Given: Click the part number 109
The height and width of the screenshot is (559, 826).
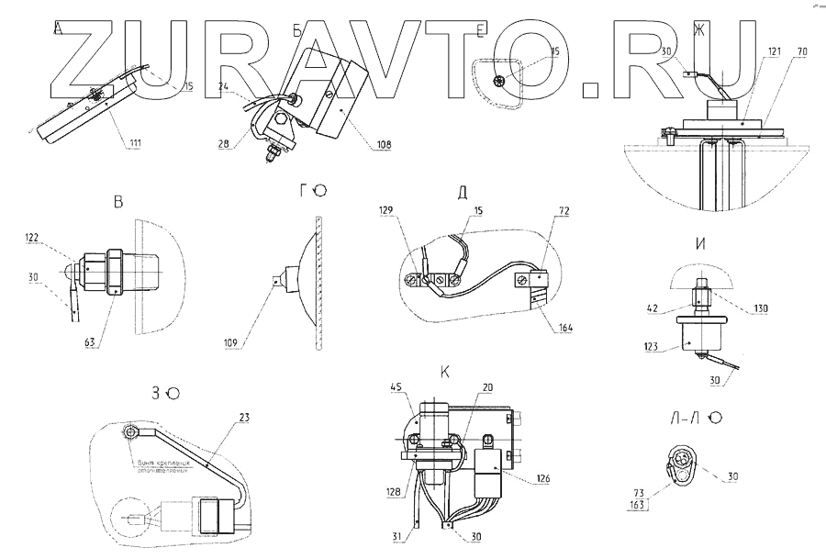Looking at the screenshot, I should tap(231, 343).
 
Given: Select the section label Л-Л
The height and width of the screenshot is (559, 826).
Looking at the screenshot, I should tap(688, 419).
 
